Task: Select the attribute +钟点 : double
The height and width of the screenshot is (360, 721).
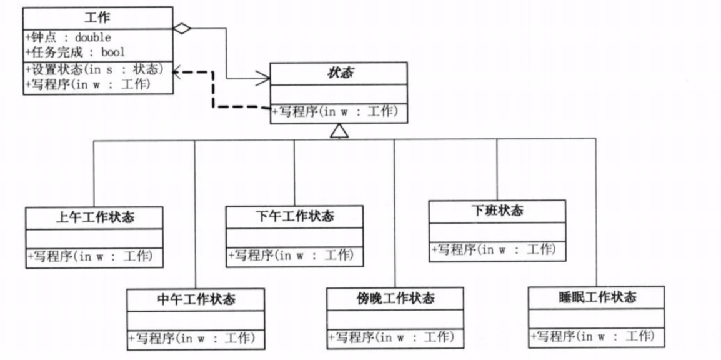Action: coord(69,37)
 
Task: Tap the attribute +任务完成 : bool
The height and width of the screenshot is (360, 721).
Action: coord(76,52)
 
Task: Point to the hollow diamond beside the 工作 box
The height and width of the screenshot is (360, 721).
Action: coord(181,28)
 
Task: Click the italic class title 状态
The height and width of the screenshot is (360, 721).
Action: coord(339,72)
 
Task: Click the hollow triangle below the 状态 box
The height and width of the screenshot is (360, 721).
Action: coord(339,131)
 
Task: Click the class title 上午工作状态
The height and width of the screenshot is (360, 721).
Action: coord(95,217)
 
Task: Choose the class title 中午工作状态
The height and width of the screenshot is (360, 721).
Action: coord(196,299)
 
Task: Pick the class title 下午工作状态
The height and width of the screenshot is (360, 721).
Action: coord(295,216)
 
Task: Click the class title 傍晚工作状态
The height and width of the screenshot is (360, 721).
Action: coord(395,298)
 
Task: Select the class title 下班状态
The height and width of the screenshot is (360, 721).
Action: coord(497,210)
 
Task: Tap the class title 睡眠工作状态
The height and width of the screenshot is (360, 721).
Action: coord(597,297)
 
